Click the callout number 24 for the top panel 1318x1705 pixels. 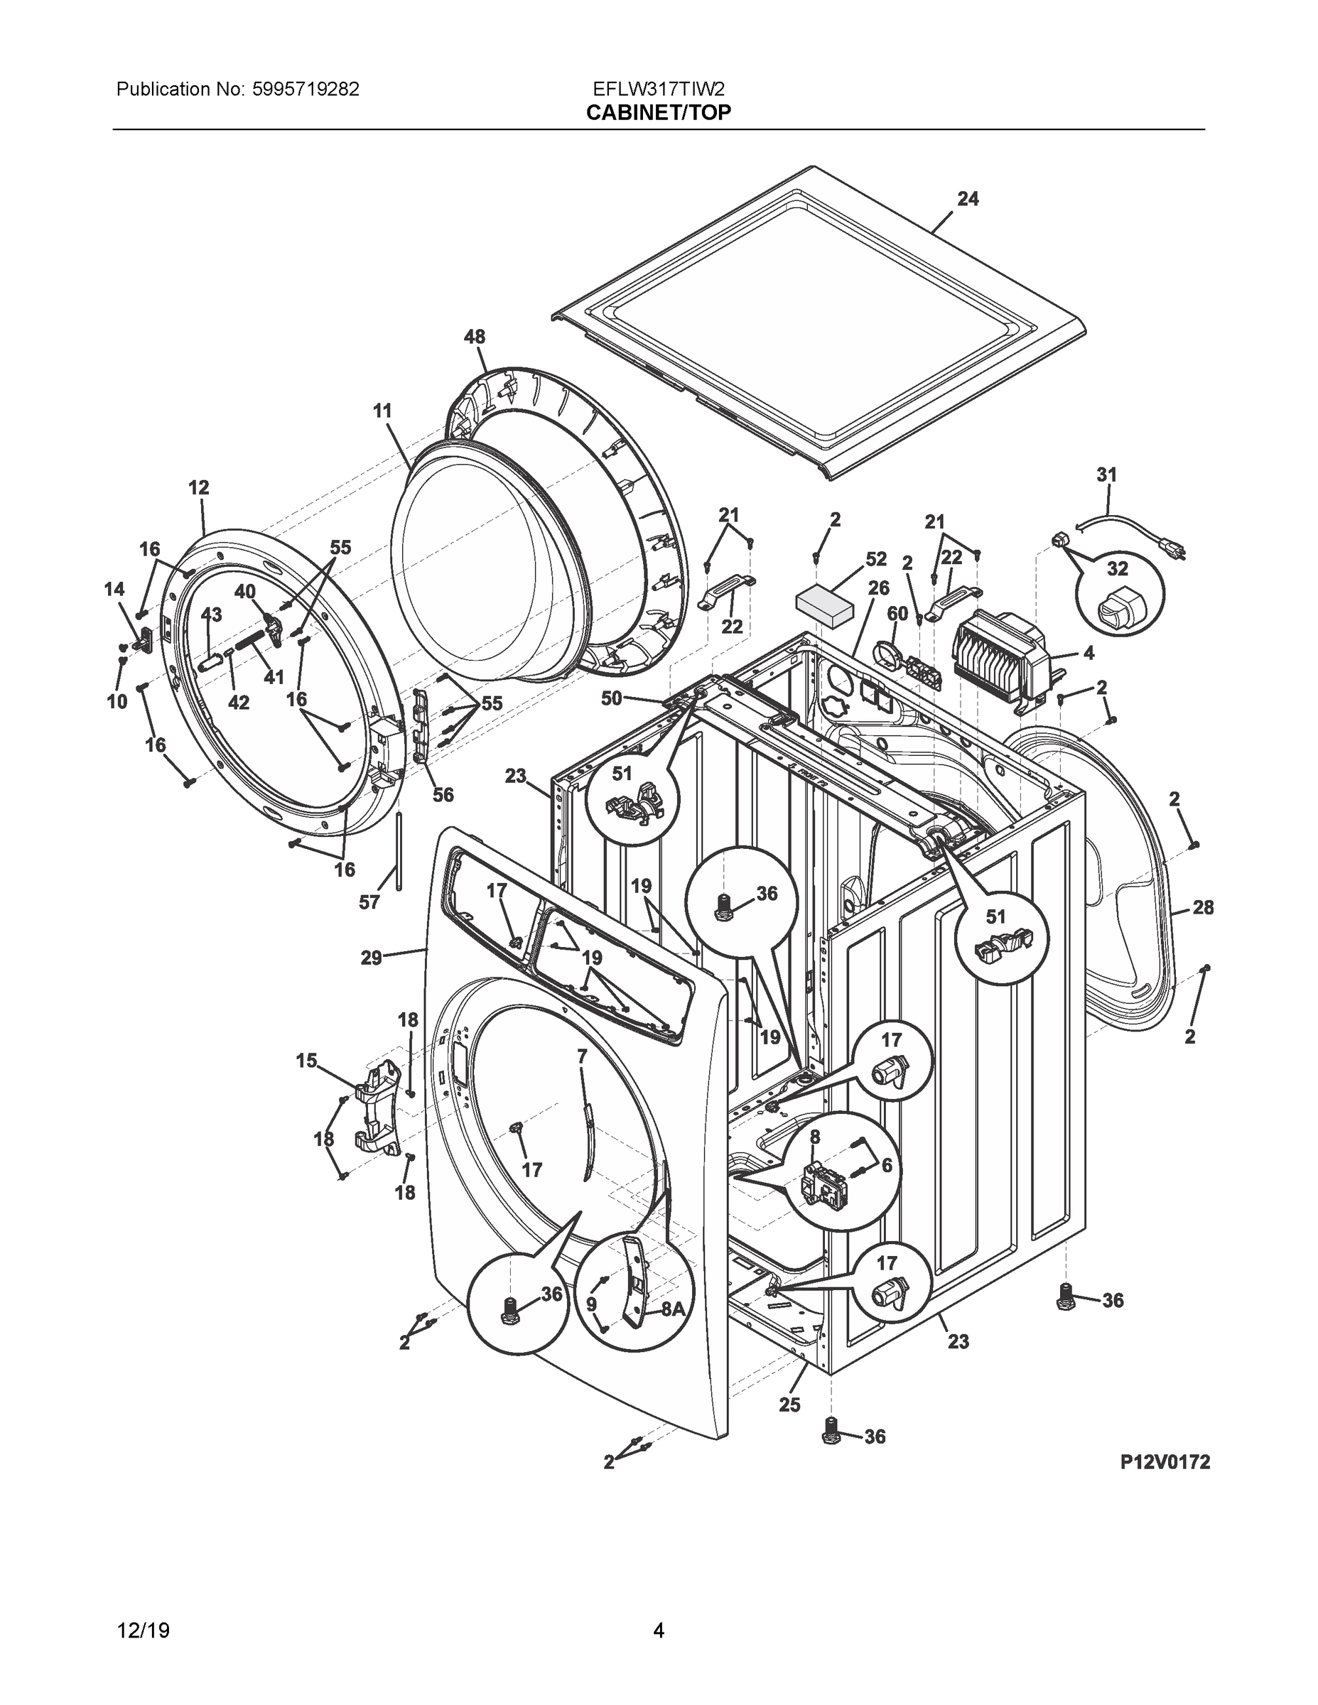(x=968, y=199)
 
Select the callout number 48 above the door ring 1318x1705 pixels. (x=474, y=337)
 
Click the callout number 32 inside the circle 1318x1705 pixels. (x=1118, y=568)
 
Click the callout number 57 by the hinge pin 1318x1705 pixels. (x=369, y=902)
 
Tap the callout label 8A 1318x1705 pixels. (x=672, y=1309)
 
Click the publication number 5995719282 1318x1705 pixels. (x=306, y=90)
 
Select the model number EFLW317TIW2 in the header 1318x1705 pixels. (x=658, y=90)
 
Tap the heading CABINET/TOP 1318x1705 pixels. (x=658, y=113)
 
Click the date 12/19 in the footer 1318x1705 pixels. (x=143, y=1630)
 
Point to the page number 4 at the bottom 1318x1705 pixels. (x=658, y=1630)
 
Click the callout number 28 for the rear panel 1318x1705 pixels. (x=1202, y=907)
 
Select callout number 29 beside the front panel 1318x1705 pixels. (x=371, y=957)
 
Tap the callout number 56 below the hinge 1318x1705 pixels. (x=443, y=795)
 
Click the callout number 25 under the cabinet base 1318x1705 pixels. (x=789, y=1404)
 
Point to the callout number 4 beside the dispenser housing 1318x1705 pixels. (x=1089, y=653)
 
